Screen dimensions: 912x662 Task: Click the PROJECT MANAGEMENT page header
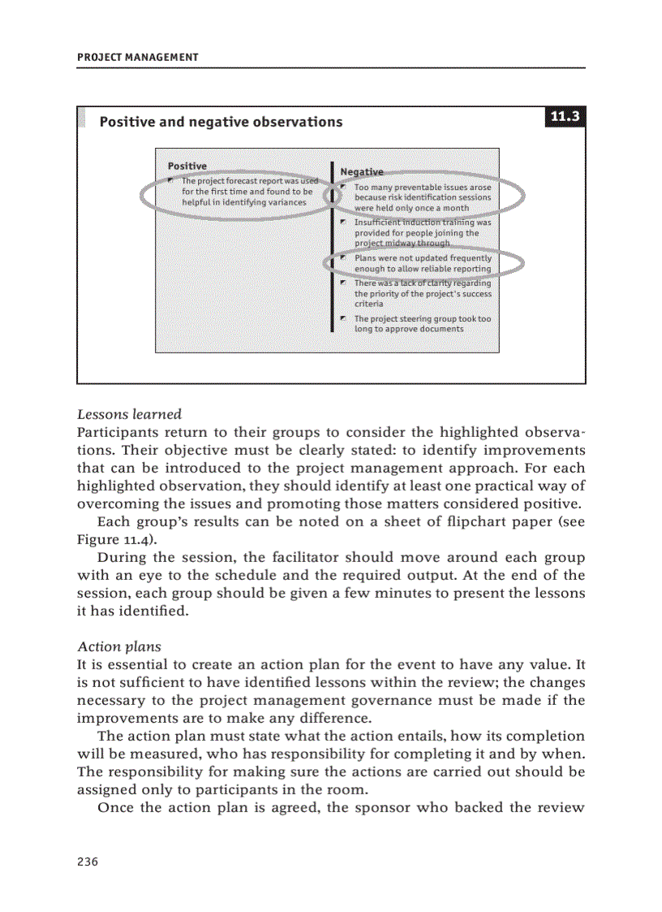[137, 57]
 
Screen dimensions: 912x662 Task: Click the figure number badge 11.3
[565, 117]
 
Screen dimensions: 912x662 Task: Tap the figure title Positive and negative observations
[221, 122]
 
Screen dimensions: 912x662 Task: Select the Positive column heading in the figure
[187, 166]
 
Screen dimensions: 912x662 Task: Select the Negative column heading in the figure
[362, 171]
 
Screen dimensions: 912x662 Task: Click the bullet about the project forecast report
[247, 192]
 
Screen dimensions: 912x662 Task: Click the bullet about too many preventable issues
[422, 197]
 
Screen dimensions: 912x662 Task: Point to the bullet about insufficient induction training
[422, 232]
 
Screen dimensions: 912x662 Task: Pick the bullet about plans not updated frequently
[422, 263]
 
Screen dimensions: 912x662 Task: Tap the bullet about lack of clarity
[422, 293]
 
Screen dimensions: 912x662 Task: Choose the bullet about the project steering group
[422, 324]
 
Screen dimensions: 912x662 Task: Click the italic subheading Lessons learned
[129, 414]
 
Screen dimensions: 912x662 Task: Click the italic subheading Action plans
[118, 646]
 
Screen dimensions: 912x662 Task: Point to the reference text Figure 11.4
[113, 539]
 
